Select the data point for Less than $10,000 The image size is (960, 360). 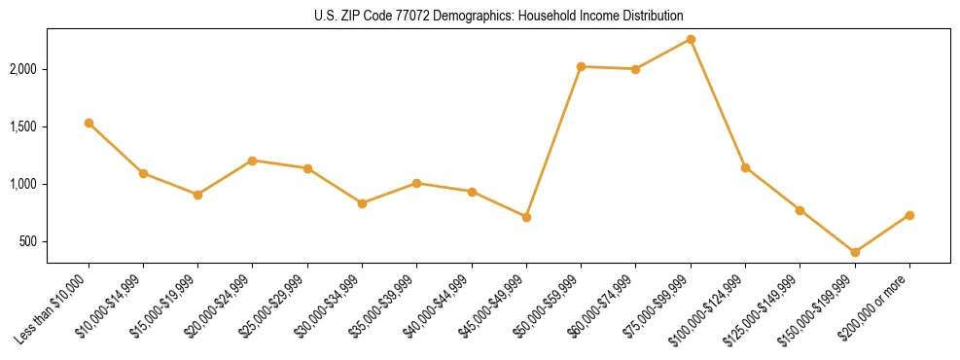[89, 123]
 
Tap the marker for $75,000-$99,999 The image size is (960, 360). [691, 39]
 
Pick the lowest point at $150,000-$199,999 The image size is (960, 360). [855, 252]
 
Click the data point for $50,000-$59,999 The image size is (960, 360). [581, 66]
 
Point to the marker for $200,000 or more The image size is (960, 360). [909, 215]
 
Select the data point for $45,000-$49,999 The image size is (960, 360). [526, 217]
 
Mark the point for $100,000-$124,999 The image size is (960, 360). [745, 167]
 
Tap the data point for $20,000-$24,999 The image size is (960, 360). [253, 161]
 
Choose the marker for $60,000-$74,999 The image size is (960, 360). [635, 69]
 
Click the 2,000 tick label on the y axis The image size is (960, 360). [24, 69]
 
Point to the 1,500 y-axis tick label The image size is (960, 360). [24, 126]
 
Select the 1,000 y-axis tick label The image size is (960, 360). [24, 184]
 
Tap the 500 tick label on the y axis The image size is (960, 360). [29, 241]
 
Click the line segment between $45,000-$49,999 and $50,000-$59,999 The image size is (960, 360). [553, 142]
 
